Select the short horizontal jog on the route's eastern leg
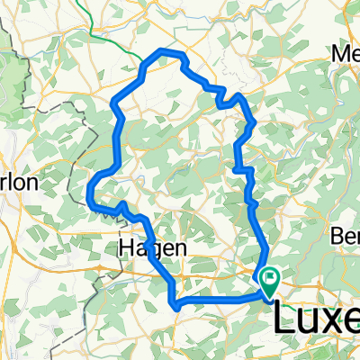click(240, 168)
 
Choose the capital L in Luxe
click(284, 320)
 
